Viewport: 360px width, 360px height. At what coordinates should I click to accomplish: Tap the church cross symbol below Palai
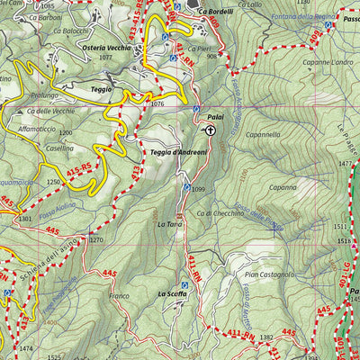coord(210,130)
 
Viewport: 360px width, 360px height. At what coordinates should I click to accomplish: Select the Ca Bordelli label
coord(216,12)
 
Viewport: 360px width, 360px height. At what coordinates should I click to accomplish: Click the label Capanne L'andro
coord(302,62)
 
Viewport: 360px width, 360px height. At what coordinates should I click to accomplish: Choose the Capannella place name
coord(261,135)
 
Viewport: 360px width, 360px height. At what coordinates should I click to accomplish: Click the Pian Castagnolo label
coord(270,274)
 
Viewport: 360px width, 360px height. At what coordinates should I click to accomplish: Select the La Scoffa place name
coord(171,293)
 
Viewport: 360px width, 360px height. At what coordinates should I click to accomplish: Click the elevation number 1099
coord(198,189)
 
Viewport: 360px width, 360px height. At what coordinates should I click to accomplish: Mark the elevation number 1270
coord(96,240)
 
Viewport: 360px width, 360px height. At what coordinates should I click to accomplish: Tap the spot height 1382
coord(265,337)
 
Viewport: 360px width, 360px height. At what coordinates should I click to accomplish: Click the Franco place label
coord(120,296)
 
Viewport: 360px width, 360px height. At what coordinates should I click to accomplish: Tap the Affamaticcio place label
coord(38,130)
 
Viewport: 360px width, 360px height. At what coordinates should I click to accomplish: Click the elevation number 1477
coord(345,163)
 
